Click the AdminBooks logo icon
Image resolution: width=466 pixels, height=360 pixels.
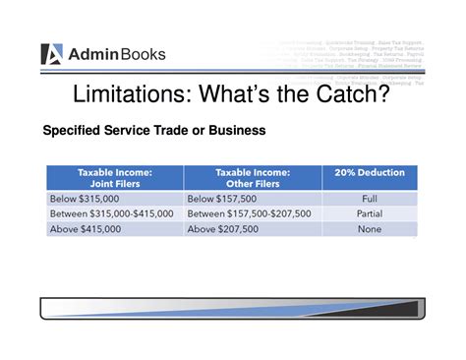click(x=52, y=54)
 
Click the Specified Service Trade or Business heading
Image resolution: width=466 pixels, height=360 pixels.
click(x=153, y=131)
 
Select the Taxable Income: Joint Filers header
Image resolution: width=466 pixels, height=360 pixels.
click(x=114, y=178)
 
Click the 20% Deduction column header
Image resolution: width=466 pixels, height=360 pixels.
click(x=370, y=173)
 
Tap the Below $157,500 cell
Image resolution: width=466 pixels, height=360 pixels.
click(x=222, y=199)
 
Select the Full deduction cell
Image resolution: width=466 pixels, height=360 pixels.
click(x=370, y=199)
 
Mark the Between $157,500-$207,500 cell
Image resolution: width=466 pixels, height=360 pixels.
click(x=249, y=213)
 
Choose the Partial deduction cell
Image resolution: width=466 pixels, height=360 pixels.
click(x=370, y=213)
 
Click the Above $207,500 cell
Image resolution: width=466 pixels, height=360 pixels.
click(x=222, y=229)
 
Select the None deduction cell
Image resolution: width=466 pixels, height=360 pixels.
click(x=370, y=229)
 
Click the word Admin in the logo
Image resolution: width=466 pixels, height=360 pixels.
click(x=93, y=55)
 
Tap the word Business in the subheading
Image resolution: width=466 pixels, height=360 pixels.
click(x=233, y=131)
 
